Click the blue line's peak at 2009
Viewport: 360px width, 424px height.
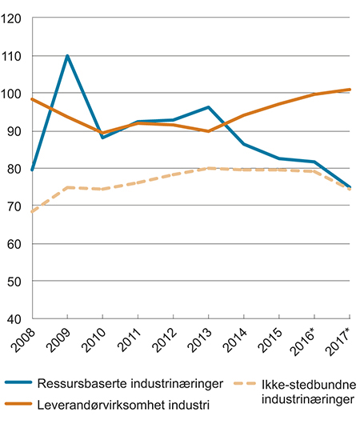pyautogui.click(x=67, y=56)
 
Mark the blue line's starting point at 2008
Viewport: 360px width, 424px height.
pyautogui.click(x=31, y=170)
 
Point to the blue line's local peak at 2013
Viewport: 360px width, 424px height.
pyautogui.click(x=208, y=107)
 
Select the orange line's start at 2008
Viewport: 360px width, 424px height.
pyautogui.click(x=31, y=99)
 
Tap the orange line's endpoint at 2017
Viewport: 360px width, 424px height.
pyautogui.click(x=350, y=90)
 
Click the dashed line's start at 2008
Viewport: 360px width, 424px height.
pyautogui.click(x=31, y=211)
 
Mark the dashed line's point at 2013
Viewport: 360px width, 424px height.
pyautogui.click(x=208, y=169)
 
